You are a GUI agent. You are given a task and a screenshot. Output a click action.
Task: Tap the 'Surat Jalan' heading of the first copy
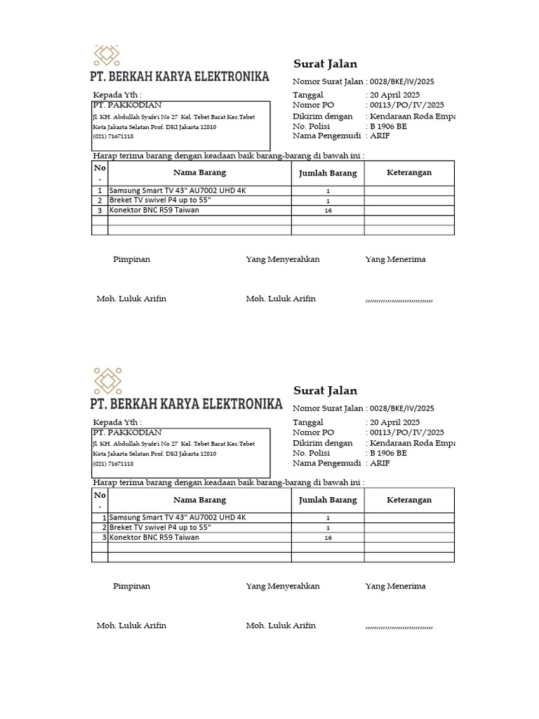(325, 65)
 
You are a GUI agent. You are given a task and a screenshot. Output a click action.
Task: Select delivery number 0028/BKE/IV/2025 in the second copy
(402, 408)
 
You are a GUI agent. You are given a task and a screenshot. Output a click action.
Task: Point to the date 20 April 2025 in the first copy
(394, 95)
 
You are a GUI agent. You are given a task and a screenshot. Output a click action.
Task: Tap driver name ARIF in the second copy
(380, 463)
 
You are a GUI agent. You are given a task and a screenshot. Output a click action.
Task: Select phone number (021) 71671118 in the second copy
(113, 464)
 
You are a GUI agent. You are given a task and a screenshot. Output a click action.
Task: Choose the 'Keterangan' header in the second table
(409, 500)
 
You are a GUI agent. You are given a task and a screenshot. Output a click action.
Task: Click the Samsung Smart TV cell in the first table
(178, 190)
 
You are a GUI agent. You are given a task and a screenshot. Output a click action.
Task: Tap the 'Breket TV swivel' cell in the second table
(159, 527)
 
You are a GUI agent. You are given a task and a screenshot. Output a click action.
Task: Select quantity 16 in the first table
(328, 211)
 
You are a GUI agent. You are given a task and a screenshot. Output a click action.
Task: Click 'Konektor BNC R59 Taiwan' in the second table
(154, 537)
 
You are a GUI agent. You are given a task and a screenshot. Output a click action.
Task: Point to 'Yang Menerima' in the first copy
(395, 259)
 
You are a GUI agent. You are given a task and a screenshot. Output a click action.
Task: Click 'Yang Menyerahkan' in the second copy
(283, 586)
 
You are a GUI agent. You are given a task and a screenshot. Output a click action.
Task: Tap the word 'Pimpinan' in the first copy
(131, 259)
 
